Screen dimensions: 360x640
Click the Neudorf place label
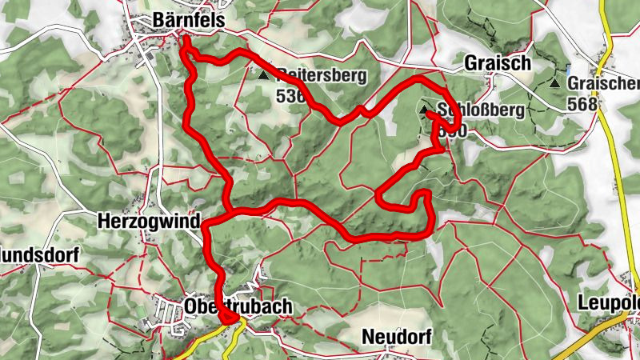pyautogui.click(x=396, y=337)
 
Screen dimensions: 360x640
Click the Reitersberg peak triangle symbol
pyautogui.click(x=264, y=75)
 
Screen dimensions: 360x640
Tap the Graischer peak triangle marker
pyautogui.click(x=554, y=83)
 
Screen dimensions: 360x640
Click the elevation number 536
pyautogui.click(x=290, y=96)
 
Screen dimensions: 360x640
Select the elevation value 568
pyautogui.click(x=582, y=103)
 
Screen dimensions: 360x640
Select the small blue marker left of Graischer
pyautogui.click(x=568, y=70)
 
